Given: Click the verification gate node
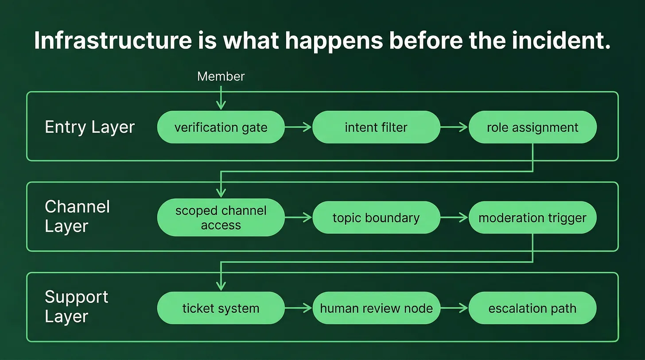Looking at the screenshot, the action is point(221,127).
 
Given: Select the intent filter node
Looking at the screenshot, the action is point(377,127).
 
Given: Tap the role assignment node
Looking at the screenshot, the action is point(532,127).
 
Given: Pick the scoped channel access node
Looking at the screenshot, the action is point(221,217).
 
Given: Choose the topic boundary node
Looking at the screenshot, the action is point(377,217).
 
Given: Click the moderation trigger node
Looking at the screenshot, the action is point(532,217).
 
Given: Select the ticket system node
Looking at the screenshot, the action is point(221,308).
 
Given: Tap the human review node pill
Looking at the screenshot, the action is point(377,308).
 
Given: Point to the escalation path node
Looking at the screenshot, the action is point(532,308).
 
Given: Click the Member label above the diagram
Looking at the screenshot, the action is point(221,77).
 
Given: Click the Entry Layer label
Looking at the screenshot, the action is point(89,127).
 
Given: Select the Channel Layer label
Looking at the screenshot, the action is point(77,217).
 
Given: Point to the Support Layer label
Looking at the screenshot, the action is point(76,306).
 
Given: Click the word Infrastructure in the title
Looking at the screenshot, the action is point(113,40).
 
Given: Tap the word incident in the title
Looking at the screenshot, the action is point(561,40).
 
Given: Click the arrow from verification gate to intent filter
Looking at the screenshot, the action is point(298,127).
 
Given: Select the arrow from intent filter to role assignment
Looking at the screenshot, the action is point(454,127).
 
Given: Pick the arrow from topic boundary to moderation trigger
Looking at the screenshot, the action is point(454,217).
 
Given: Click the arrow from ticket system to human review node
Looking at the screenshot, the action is point(298,308).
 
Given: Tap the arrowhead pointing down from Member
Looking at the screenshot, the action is point(221,105).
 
